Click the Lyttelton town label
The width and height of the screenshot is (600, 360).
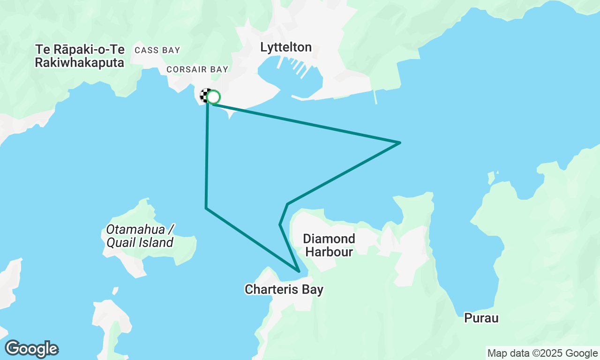286,47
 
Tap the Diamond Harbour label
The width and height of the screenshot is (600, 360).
329,245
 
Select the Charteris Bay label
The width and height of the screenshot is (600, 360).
284,290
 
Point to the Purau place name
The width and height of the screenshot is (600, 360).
481,318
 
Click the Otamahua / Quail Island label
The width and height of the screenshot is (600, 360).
140,236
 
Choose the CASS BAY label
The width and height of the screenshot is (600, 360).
157,50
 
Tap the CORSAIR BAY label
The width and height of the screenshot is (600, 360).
197,69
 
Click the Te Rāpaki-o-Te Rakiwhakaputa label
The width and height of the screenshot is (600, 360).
80,56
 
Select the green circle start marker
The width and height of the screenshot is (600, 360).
214,97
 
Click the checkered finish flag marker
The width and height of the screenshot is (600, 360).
205,96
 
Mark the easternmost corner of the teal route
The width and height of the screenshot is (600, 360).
400,142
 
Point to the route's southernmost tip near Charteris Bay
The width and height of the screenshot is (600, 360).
299,271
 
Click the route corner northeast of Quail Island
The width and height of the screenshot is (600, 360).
206,208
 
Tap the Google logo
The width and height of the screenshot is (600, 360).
31,349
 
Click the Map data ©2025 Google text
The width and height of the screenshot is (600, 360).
542,353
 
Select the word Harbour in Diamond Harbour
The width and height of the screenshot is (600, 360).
329,252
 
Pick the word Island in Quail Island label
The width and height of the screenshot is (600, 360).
157,242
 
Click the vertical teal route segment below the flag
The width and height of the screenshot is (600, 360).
207,155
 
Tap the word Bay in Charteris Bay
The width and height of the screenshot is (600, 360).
313,290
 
